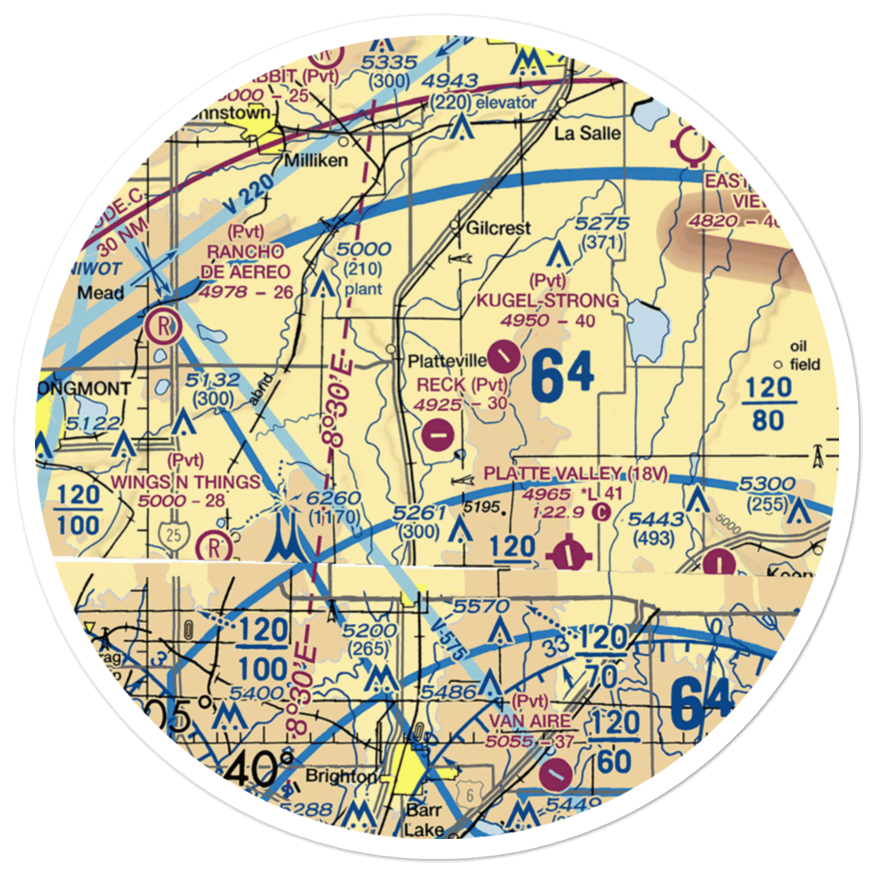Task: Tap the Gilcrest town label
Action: click(499, 227)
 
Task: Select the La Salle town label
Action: click(589, 134)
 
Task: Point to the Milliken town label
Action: click(316, 161)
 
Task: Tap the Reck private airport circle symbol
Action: click(437, 431)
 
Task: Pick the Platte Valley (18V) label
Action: click(576, 474)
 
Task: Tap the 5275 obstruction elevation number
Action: click(603, 224)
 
